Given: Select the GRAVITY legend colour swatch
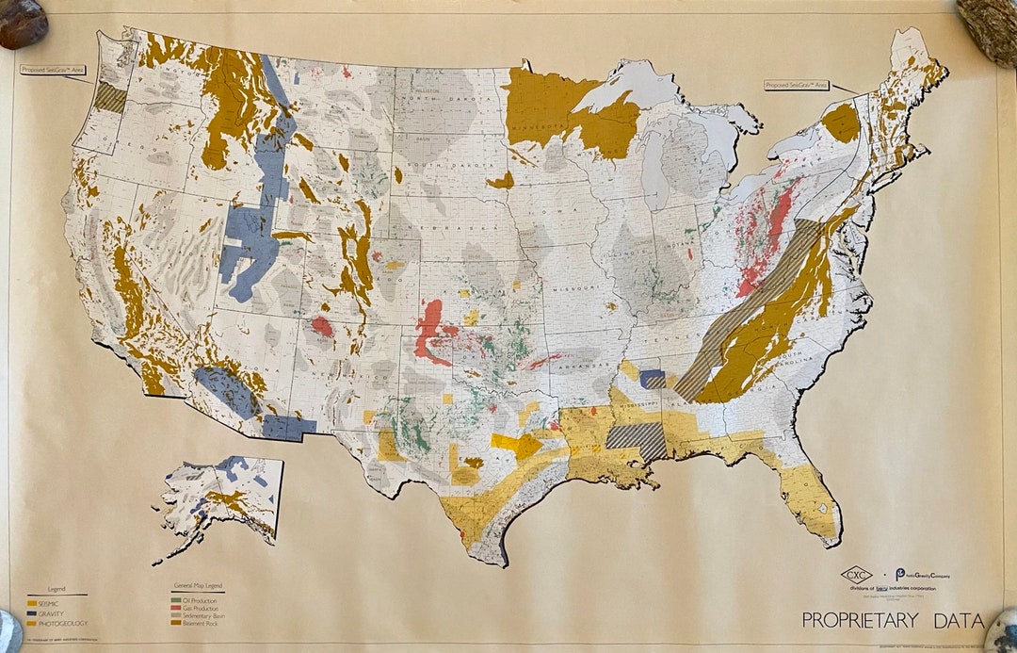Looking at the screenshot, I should click(31, 613).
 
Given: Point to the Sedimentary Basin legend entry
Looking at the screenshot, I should click(200, 615).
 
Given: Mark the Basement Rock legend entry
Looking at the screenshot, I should click(197, 623).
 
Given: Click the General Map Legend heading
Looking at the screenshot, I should click(197, 587).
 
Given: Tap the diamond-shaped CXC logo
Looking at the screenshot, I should click(856, 574).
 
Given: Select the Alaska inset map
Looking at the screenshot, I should click(222, 499).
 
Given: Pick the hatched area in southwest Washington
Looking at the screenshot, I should click(110, 98).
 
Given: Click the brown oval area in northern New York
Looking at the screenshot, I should click(840, 122).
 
